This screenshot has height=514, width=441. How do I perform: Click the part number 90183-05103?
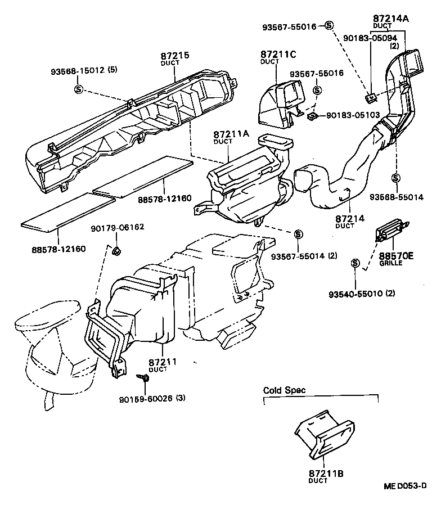coord(354,115)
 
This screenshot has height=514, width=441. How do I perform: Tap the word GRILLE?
coord(391,263)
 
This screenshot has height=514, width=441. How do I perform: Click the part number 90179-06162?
coord(118,228)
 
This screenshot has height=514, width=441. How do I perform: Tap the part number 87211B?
coord(326,474)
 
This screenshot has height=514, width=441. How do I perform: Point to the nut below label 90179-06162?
coord(116,250)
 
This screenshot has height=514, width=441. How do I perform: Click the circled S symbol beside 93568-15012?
coord(79,89)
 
